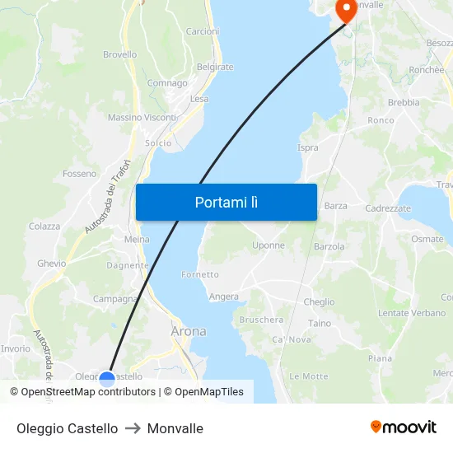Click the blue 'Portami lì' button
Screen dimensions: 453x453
226,202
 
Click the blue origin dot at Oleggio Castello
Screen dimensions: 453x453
107,379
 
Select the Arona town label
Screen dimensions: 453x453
189,332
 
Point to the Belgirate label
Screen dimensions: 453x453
215,67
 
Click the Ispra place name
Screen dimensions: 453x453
307,147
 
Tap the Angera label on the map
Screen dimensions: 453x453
224,297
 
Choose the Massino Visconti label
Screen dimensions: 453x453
142,118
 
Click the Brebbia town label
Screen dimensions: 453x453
404,103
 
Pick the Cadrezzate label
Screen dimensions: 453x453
388,208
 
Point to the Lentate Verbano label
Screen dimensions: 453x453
412,313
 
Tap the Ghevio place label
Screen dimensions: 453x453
51,264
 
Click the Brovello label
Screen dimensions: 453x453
119,54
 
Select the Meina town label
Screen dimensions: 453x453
137,239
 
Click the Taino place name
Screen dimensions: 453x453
320,324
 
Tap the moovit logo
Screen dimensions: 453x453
404,427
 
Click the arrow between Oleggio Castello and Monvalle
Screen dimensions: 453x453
133,428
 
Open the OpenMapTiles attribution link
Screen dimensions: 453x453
209,392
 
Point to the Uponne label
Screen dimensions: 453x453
269,245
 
